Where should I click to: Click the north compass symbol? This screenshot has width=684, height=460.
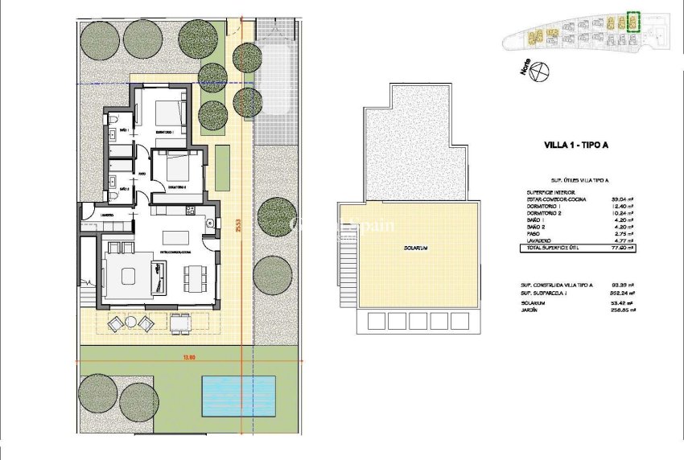pyautogui.click(x=541, y=74)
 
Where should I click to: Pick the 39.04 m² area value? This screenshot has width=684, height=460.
pyautogui.click(x=620, y=199)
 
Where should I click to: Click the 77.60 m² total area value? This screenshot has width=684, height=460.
pyautogui.click(x=620, y=248)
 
